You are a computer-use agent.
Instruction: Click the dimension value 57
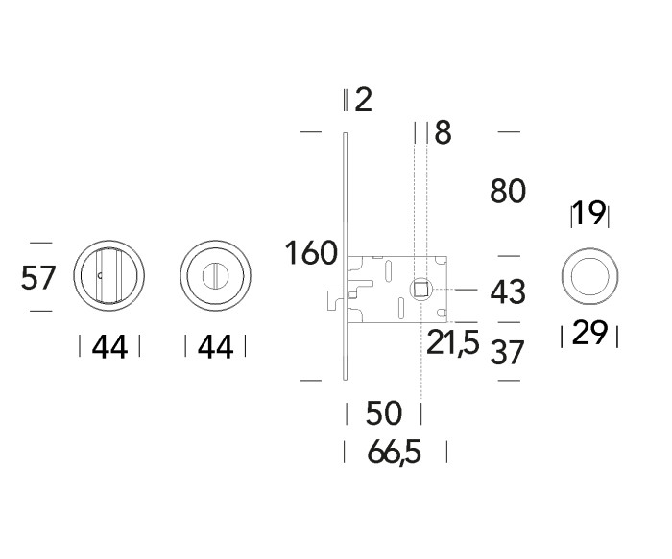click(x=38, y=277)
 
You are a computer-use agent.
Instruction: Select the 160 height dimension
click(x=312, y=252)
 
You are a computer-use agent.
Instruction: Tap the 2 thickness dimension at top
click(x=364, y=100)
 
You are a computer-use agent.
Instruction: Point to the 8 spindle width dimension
click(x=443, y=132)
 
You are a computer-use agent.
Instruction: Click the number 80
click(x=508, y=191)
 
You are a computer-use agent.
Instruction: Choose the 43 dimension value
click(x=508, y=291)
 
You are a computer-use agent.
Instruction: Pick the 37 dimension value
click(x=507, y=352)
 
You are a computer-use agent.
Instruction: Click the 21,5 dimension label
click(x=452, y=341)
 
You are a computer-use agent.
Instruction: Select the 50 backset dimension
click(x=384, y=413)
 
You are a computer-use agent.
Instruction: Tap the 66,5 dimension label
click(x=395, y=452)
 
